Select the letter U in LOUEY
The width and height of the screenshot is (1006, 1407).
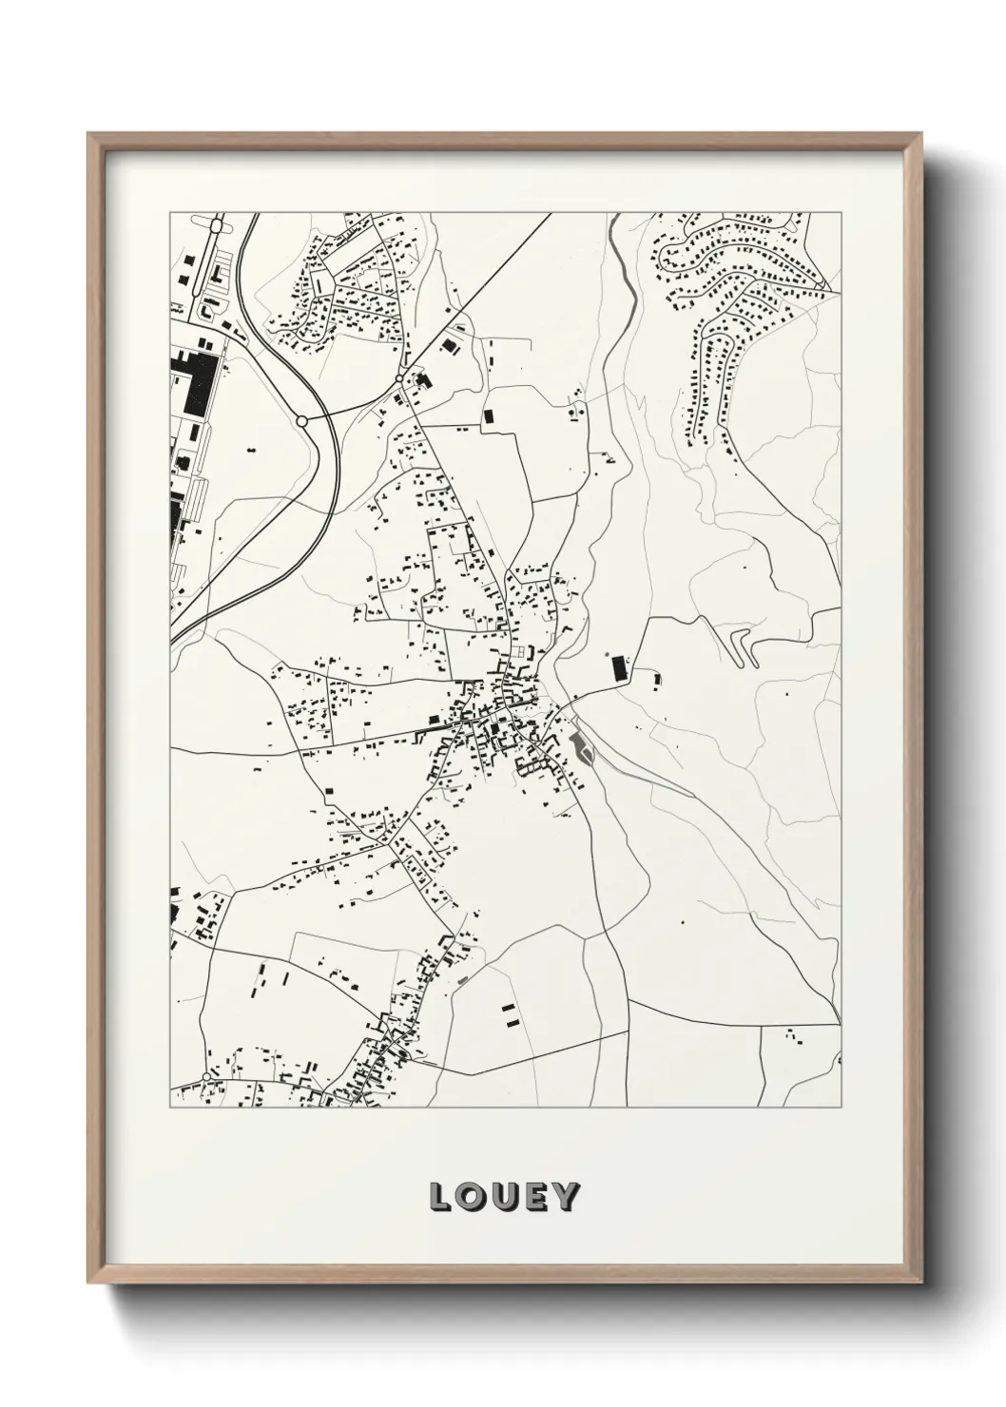pyautogui.click(x=504, y=1196)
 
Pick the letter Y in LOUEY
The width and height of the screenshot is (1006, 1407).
pyautogui.click(x=563, y=1196)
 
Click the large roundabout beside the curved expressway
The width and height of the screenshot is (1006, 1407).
pyautogui.click(x=302, y=420)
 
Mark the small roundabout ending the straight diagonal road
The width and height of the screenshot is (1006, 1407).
pyautogui.click(x=399, y=378)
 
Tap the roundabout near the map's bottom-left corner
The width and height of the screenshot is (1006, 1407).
pyautogui.click(x=206, y=1077)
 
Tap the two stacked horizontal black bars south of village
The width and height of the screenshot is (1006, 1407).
pyautogui.click(x=511, y=1014)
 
